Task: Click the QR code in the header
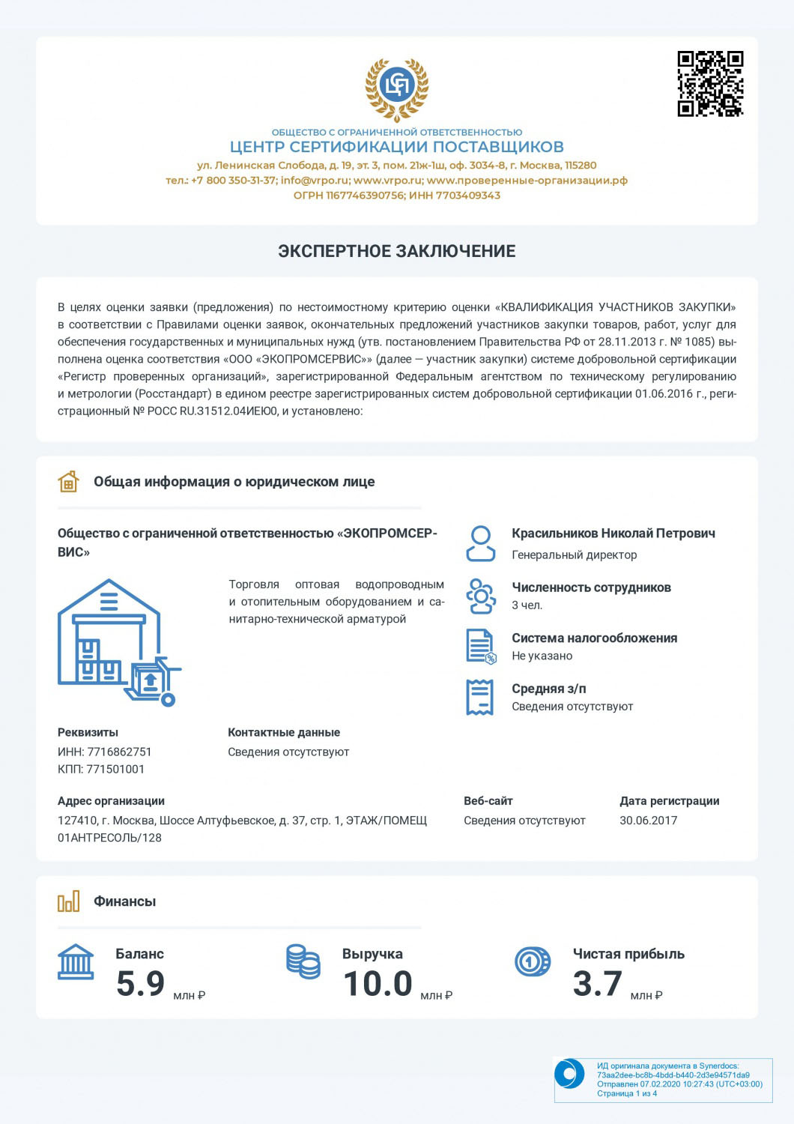coord(710,84)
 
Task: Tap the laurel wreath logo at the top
coord(396,88)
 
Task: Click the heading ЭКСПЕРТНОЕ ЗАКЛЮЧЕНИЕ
coord(396,251)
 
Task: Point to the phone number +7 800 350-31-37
coord(234,181)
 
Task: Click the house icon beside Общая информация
coord(68,482)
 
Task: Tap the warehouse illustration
coord(118,642)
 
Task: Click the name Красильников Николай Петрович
coord(613,534)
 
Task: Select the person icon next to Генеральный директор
coord(480,543)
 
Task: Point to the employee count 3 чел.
coord(527,605)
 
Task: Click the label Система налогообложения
coord(594,638)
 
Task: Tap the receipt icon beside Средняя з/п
coord(479,698)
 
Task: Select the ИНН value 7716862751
coord(120,752)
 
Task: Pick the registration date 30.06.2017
coord(648,821)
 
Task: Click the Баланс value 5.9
coord(140,984)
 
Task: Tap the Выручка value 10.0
coord(378,984)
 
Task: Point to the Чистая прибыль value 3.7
coord(597,984)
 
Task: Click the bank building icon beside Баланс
coord(76,962)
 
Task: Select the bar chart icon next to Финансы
coord(68,901)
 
